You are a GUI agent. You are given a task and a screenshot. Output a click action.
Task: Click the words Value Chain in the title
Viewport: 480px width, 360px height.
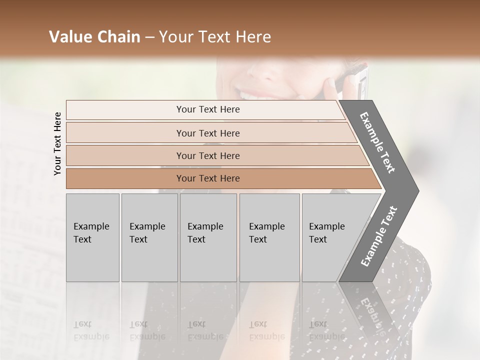coord(94,37)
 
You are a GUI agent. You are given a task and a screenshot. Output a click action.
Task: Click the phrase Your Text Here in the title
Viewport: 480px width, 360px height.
coord(215,37)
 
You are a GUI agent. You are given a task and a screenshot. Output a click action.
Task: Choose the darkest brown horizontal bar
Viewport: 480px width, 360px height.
coord(125,178)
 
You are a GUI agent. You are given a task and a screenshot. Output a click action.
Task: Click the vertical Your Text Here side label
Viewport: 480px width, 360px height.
coord(57,143)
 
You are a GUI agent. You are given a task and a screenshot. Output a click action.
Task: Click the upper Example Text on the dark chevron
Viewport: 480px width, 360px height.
coord(377,142)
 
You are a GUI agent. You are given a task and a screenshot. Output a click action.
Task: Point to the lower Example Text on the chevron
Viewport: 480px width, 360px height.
coord(378,236)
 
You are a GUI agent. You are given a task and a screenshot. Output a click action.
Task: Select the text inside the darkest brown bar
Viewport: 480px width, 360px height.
coord(208,178)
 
